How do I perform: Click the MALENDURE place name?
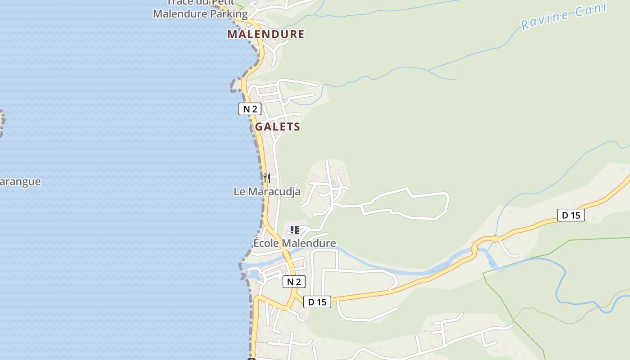(265, 34)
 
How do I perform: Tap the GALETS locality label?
(277, 127)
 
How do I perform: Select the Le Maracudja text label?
(267, 192)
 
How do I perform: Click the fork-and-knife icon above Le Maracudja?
(267, 178)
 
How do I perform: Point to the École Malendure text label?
(295, 243)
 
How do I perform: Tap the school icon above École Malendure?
(295, 230)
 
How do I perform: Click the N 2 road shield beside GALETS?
(250, 109)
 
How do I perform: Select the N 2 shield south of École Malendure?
(294, 282)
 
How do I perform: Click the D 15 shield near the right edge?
(571, 216)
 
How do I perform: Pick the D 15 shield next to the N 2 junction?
(317, 302)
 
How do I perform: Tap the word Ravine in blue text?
(545, 21)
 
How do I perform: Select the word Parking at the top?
(227, 14)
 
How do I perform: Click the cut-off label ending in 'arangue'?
(20, 182)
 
